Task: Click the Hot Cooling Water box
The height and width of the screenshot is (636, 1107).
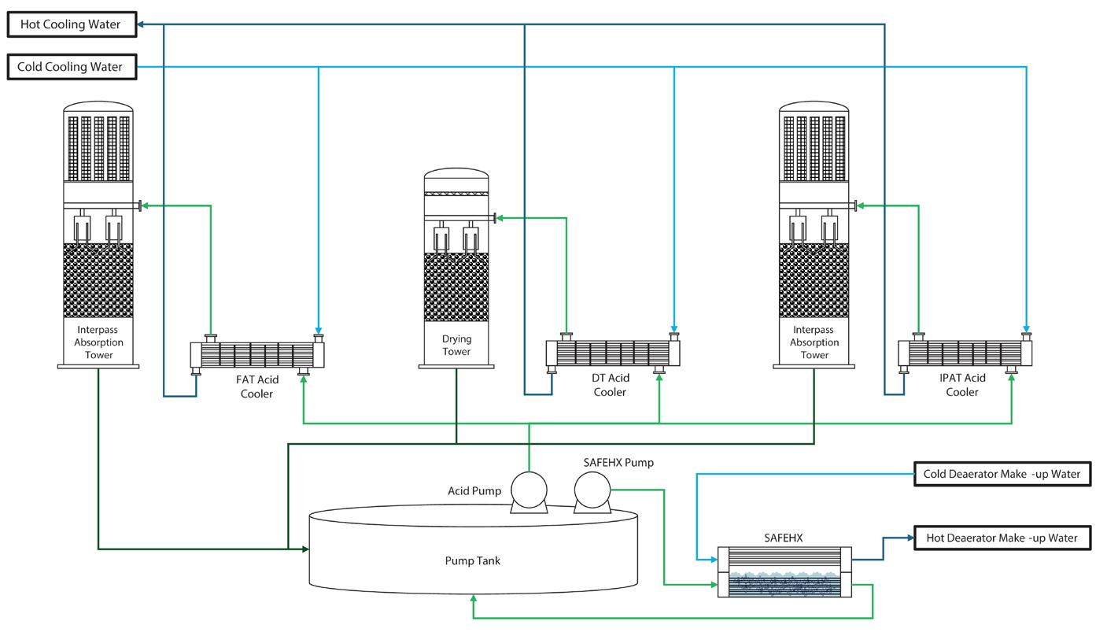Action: point(72,24)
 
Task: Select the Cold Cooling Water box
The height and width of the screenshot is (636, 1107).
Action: point(72,67)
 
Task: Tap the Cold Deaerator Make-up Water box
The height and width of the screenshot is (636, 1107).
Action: point(1002,474)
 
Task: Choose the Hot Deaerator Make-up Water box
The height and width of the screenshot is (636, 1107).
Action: point(1002,538)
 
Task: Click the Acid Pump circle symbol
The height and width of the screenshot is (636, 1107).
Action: point(529,490)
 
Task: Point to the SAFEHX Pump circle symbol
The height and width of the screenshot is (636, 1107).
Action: point(592,491)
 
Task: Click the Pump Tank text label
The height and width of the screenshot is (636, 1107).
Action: point(472,561)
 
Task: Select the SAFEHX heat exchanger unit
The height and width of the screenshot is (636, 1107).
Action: point(784,571)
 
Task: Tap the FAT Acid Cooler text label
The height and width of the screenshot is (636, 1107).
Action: point(256,386)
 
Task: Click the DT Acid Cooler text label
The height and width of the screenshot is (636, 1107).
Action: point(610,385)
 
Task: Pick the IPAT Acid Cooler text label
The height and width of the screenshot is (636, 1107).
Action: point(962,385)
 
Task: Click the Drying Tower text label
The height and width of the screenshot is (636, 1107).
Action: point(456,346)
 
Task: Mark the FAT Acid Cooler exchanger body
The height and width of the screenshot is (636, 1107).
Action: point(257,355)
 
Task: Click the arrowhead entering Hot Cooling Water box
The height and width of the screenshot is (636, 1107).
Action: point(141,24)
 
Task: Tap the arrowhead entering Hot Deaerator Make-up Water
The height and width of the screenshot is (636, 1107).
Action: point(910,538)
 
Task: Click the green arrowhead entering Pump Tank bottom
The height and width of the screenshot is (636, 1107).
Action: point(474,599)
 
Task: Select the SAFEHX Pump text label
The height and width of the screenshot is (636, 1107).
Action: point(618,463)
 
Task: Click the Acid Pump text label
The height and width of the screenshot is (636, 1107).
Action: point(474,491)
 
